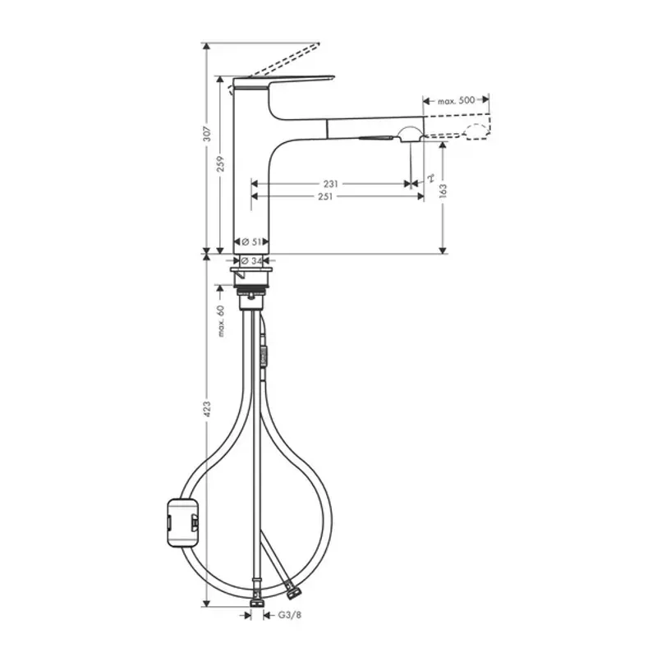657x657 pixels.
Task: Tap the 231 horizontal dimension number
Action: [x=330, y=184]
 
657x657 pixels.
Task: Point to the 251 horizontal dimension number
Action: [x=330, y=196]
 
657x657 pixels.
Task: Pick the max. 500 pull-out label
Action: [x=456, y=100]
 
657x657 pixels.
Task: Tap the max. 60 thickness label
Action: [x=221, y=321]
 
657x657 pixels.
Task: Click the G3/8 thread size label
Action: [x=284, y=613]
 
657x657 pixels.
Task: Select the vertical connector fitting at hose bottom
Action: [x=258, y=604]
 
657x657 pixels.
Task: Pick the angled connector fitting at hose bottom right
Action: [x=291, y=589]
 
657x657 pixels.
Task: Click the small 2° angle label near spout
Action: [x=430, y=177]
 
